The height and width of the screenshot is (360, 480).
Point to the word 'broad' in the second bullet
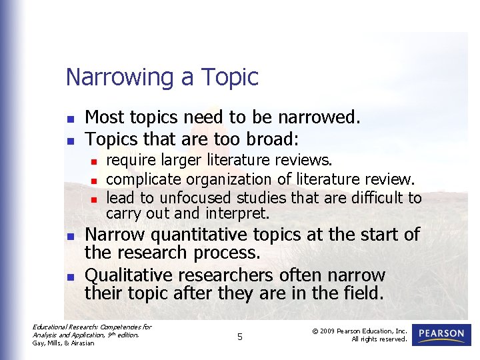click(273, 139)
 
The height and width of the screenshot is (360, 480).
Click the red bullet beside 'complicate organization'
click(95, 181)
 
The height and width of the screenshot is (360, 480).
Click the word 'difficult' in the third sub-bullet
click(374, 198)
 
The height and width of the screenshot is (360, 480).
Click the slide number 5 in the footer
click(240, 337)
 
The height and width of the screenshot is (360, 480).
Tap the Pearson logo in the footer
click(441, 335)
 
